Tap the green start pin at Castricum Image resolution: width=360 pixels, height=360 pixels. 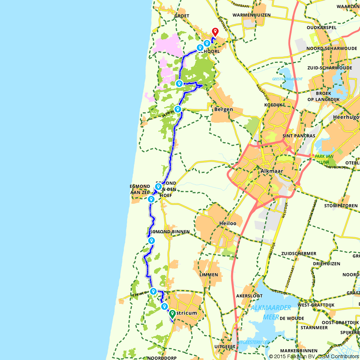click(172, 314)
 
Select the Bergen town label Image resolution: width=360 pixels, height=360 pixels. click(224, 109)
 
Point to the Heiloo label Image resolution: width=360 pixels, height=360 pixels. click(228, 224)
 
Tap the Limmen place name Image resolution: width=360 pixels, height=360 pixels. click(208, 275)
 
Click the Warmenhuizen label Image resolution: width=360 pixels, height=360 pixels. click(252, 15)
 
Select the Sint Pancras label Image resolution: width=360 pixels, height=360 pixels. click(299, 136)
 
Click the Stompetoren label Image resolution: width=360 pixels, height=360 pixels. click(341, 206)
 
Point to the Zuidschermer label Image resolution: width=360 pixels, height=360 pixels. click(299, 254)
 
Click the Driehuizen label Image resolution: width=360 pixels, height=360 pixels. click(327, 264)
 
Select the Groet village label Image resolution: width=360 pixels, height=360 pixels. click(181, 16)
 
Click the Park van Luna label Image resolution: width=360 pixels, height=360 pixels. click(324, 159)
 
